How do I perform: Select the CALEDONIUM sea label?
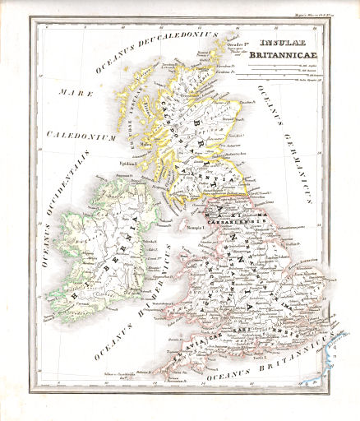coord(79,135)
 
